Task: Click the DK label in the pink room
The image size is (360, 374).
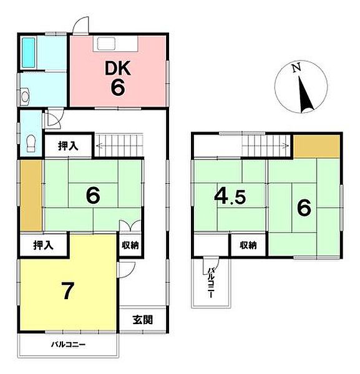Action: [118, 69]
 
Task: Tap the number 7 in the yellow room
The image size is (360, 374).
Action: [67, 290]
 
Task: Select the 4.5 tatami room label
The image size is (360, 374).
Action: [230, 196]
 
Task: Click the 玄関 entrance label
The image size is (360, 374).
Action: [143, 320]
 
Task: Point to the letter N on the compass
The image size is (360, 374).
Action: [297, 68]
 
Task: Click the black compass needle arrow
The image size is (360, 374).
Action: [305, 95]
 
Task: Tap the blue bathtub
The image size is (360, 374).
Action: [29, 52]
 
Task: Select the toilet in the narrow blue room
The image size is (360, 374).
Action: [31, 143]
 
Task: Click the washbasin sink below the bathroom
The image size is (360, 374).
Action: [25, 96]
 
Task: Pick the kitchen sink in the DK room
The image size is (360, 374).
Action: [106, 44]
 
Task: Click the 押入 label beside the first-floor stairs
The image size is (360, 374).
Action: [68, 146]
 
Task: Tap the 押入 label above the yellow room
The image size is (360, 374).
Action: [43, 245]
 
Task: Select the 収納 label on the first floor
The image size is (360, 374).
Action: [130, 245]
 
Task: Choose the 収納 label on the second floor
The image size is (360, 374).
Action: [248, 245]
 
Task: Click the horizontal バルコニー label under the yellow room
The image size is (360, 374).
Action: [69, 345]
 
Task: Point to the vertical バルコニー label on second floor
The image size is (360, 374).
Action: [210, 282]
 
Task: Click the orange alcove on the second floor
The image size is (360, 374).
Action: [316, 146]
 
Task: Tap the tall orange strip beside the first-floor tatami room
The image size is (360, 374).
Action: [31, 195]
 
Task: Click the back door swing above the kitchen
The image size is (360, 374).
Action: [81, 25]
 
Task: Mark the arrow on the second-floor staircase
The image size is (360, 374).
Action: [265, 145]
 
